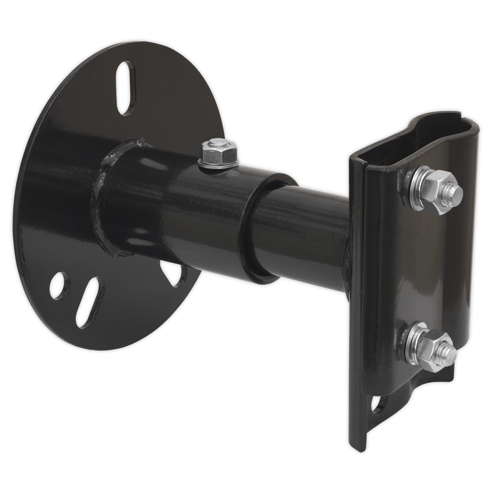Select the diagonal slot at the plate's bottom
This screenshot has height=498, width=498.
click(90, 295)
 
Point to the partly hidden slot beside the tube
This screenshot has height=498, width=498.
click(176, 276)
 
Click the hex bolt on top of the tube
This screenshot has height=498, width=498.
click(218, 150)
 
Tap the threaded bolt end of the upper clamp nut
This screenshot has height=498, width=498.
click(455, 191)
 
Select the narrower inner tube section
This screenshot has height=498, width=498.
click(307, 232)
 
